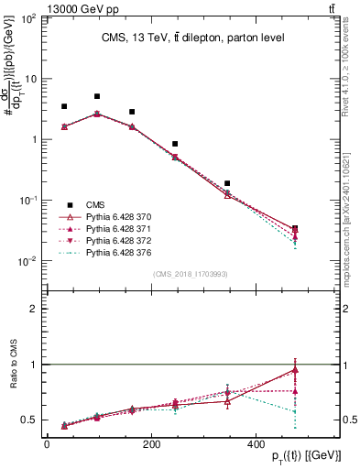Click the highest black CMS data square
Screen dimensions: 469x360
[x=97, y=96]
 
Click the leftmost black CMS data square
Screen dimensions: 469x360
[x=64, y=106]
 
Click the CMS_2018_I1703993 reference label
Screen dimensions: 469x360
[x=191, y=274]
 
